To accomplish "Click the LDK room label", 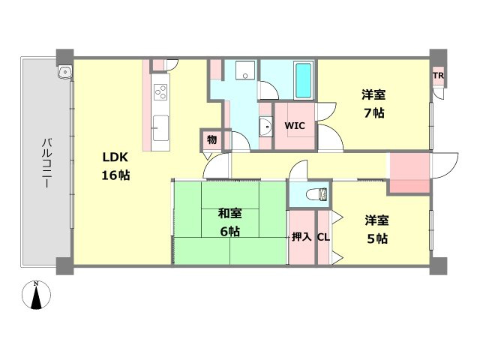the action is tap(115, 157).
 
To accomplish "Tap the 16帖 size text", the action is tap(115, 175).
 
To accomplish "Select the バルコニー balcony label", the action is tap(46, 163).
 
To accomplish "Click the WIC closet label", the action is tap(295, 125).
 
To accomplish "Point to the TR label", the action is tap(438, 75).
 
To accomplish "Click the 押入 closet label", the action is tap(301, 237).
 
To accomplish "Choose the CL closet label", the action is tap(323, 237).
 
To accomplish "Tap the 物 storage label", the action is tap(211, 140).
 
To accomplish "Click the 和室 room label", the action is tap(230, 213).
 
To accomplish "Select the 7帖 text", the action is tap(374, 113).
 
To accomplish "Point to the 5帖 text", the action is tap(377, 238).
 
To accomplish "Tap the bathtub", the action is tap(303, 79).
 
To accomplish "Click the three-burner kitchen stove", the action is tap(160, 91).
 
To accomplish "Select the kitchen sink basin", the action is tap(160, 127).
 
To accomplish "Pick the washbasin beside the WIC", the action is tap(265, 126).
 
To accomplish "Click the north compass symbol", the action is tap(36, 295).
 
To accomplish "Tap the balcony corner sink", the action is tap(64, 73).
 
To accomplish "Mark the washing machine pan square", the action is tap(245, 70).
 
